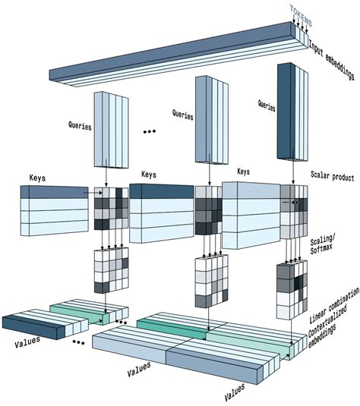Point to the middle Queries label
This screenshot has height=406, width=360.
coord(183,115)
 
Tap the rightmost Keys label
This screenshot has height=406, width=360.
coord(244,172)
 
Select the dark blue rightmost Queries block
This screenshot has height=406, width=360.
coord(287,110)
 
